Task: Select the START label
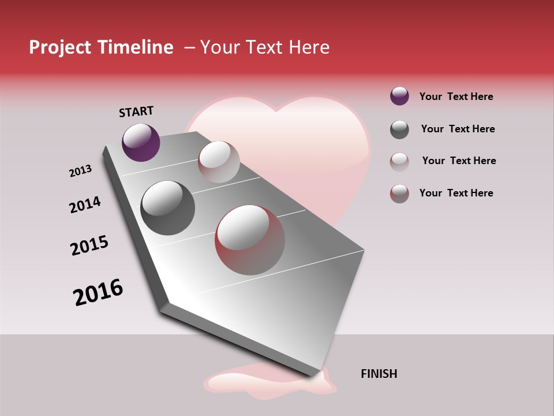coord(136,112)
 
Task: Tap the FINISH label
coord(379,374)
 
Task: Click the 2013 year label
coord(80,171)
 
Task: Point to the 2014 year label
coord(85,205)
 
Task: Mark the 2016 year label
coord(98,292)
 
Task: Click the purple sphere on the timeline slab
coord(141,142)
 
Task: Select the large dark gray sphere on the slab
coord(167,208)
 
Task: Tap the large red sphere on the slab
coord(250,240)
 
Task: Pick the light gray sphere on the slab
coord(219,162)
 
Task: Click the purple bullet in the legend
coord(399,96)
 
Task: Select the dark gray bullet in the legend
coord(399,129)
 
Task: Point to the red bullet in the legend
coord(399,194)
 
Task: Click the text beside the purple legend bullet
coord(456,96)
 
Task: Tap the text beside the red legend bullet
coord(456,193)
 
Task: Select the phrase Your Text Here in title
coord(264,47)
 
